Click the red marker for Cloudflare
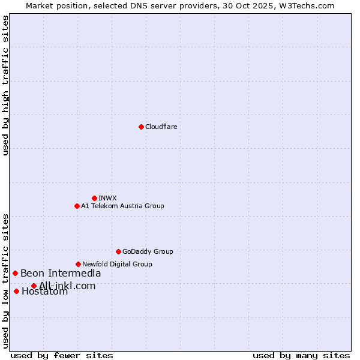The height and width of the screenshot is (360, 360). coord(141,127)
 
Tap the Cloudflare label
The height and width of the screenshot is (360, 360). coord(161,127)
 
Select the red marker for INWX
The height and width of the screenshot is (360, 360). coord(94,198)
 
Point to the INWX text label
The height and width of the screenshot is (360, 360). coord(108,198)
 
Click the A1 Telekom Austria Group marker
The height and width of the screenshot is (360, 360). coord(77,206)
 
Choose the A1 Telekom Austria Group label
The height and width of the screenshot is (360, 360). coord(122,206)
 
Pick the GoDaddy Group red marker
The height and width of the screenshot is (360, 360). coord(118,251)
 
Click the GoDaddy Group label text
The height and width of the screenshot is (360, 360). coord(148,251)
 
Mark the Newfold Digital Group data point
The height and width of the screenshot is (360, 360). coord(78,264)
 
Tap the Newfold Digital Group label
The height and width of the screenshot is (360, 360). coord(117,264)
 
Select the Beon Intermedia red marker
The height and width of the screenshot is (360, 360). coord(15,273)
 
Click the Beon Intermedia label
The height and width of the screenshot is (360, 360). coord(61,274)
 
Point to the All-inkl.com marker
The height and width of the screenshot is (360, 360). coord(34,286)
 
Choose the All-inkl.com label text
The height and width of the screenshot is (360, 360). coord(67,286)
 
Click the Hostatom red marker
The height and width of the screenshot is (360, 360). coord(16,291)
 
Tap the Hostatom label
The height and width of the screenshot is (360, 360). coord(44,292)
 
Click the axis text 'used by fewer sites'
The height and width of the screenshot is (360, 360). coord(62,355)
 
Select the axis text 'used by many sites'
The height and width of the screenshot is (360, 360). coord(301,355)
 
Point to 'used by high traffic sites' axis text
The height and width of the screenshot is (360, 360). coord(6,85)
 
